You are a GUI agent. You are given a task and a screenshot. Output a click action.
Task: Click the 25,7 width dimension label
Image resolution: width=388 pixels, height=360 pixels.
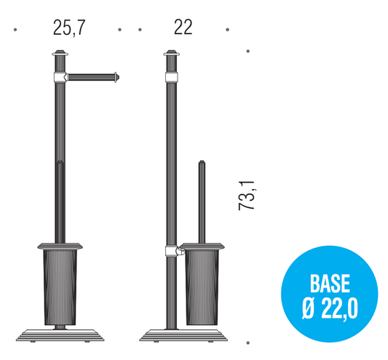point(69,28)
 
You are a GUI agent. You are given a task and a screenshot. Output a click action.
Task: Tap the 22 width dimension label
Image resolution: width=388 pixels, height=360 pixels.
point(183,27)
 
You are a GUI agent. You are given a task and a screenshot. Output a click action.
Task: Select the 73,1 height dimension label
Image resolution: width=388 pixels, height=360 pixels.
point(247,196)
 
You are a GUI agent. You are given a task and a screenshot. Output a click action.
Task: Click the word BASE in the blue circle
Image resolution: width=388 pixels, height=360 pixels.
point(330,284)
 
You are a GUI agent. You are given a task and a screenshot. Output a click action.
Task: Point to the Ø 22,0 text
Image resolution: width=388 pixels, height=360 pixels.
point(330,309)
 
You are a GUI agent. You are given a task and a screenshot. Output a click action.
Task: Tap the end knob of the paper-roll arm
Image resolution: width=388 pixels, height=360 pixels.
point(116,77)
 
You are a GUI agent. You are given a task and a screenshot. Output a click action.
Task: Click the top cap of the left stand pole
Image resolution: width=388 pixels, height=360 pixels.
point(60,53)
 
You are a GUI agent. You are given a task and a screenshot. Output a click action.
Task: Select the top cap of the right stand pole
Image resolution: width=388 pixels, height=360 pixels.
point(171,53)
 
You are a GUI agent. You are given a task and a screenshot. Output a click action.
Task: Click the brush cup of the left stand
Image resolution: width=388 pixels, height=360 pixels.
point(60,287)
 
